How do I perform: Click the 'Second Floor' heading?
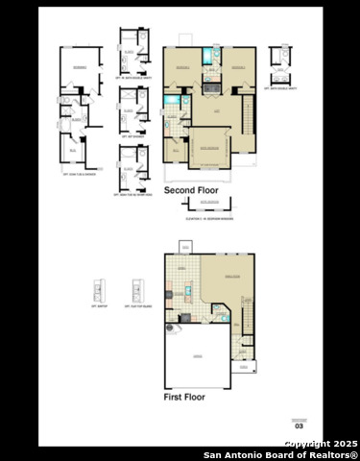click(x=191, y=191)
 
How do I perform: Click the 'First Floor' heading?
click(x=184, y=396)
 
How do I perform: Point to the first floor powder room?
click(x=220, y=313)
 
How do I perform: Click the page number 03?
click(x=299, y=425)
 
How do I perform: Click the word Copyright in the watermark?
click(x=306, y=444)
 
